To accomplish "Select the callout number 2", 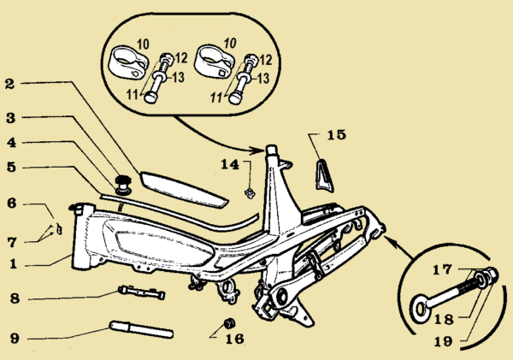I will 9,85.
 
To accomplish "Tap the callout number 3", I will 9,116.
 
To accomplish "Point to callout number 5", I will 9,168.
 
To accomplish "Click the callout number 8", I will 12,299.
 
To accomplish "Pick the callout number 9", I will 13,338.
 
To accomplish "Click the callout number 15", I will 337,134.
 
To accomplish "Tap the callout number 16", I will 235,339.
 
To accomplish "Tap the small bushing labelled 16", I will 228,322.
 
